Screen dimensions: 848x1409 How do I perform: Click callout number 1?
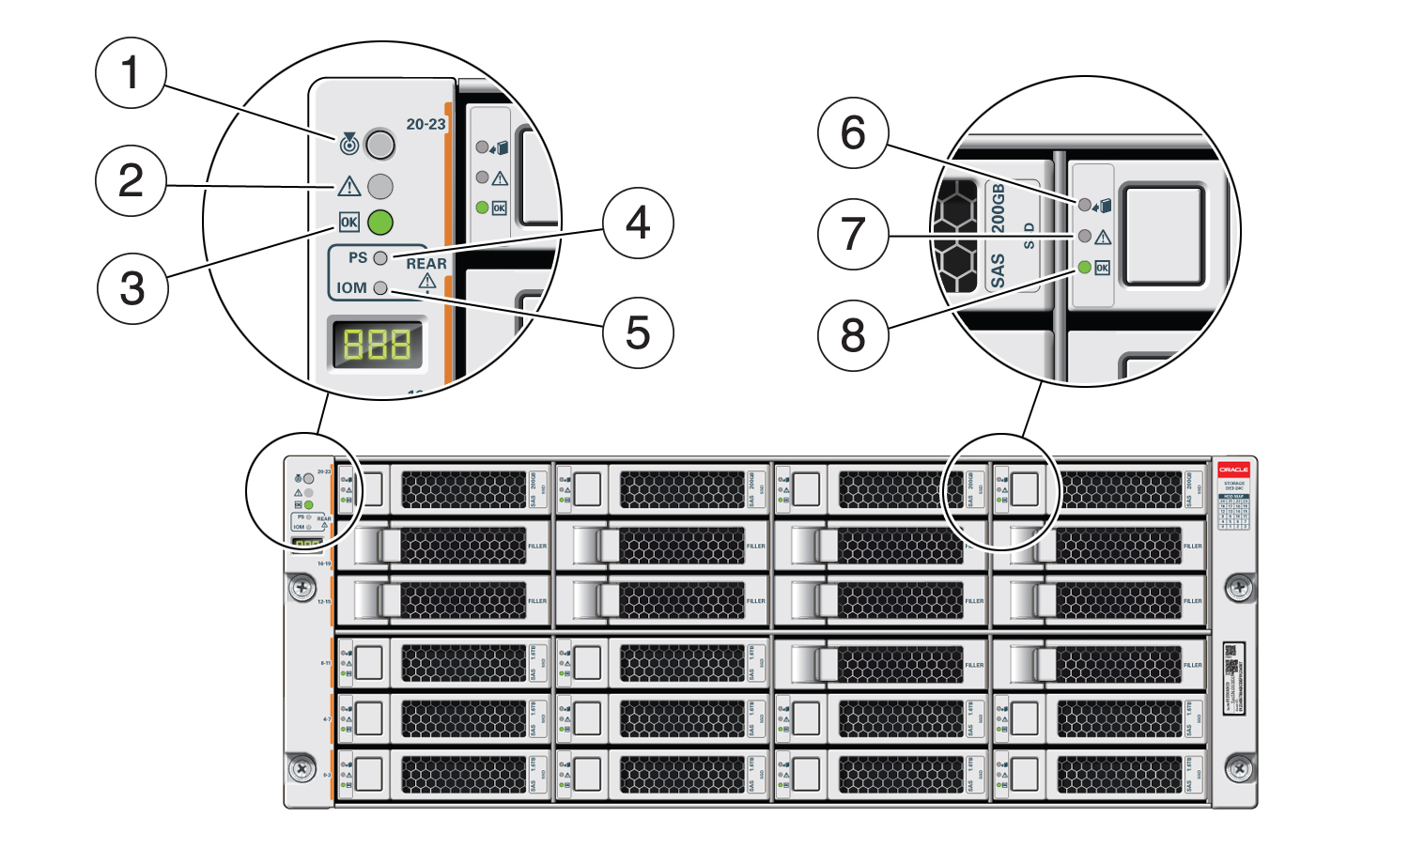pyautogui.click(x=132, y=73)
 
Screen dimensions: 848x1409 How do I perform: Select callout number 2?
pyautogui.click(x=132, y=180)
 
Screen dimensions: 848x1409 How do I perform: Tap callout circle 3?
pyautogui.click(x=132, y=288)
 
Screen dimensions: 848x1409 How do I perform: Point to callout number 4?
pyautogui.click(x=639, y=223)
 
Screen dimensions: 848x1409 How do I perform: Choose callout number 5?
pyautogui.click(x=639, y=332)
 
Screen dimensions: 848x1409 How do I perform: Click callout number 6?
pyautogui.click(x=853, y=132)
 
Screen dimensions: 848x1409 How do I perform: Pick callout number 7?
pyautogui.click(x=853, y=234)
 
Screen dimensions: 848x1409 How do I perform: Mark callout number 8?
pyautogui.click(x=853, y=334)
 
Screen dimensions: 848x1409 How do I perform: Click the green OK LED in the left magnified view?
pyautogui.click(x=379, y=223)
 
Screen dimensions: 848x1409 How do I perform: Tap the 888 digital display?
pyautogui.click(x=377, y=346)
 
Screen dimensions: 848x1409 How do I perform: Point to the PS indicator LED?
pyautogui.click(x=380, y=257)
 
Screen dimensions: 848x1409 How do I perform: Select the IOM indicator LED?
pyautogui.click(x=380, y=288)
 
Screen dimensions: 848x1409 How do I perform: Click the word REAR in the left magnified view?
pyautogui.click(x=426, y=264)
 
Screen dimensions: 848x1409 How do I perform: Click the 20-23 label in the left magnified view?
pyautogui.click(x=426, y=124)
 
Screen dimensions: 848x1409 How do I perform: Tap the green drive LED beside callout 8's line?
pyautogui.click(x=1085, y=268)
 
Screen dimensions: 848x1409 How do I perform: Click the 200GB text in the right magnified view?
pyautogui.click(x=998, y=208)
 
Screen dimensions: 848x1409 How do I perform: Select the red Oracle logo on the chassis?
pyautogui.click(x=1233, y=470)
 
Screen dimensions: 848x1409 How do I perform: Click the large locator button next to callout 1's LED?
pyautogui.click(x=379, y=145)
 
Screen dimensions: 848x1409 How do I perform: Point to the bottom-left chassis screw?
pyautogui.click(x=302, y=769)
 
